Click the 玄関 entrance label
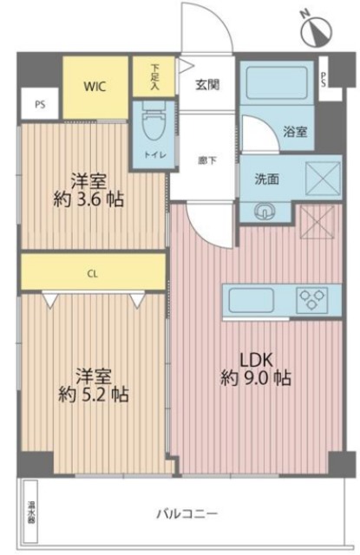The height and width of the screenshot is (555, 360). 207,84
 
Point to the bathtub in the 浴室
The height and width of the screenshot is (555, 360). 275,88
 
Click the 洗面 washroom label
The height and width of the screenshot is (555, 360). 266,180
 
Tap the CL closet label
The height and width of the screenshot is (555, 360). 92,272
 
